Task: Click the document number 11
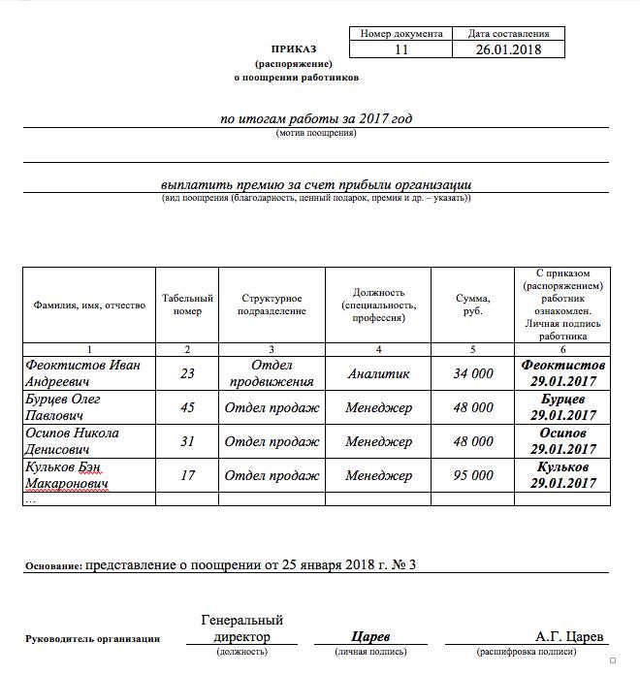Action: point(400,49)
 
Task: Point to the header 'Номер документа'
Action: point(400,34)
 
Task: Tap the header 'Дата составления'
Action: point(508,34)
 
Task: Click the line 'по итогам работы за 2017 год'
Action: point(316,118)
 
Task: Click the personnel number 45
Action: point(187,407)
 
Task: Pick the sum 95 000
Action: point(473,475)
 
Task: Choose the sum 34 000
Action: point(473,373)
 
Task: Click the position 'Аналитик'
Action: point(378,373)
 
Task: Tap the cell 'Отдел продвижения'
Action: point(271,373)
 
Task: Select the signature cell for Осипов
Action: point(562,441)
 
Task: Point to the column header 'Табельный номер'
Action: point(187,305)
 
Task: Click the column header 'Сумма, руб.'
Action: point(473,305)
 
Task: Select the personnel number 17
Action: point(187,475)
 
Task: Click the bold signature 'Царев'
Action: point(370,637)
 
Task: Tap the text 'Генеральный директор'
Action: point(241,628)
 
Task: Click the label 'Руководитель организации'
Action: point(92,639)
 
